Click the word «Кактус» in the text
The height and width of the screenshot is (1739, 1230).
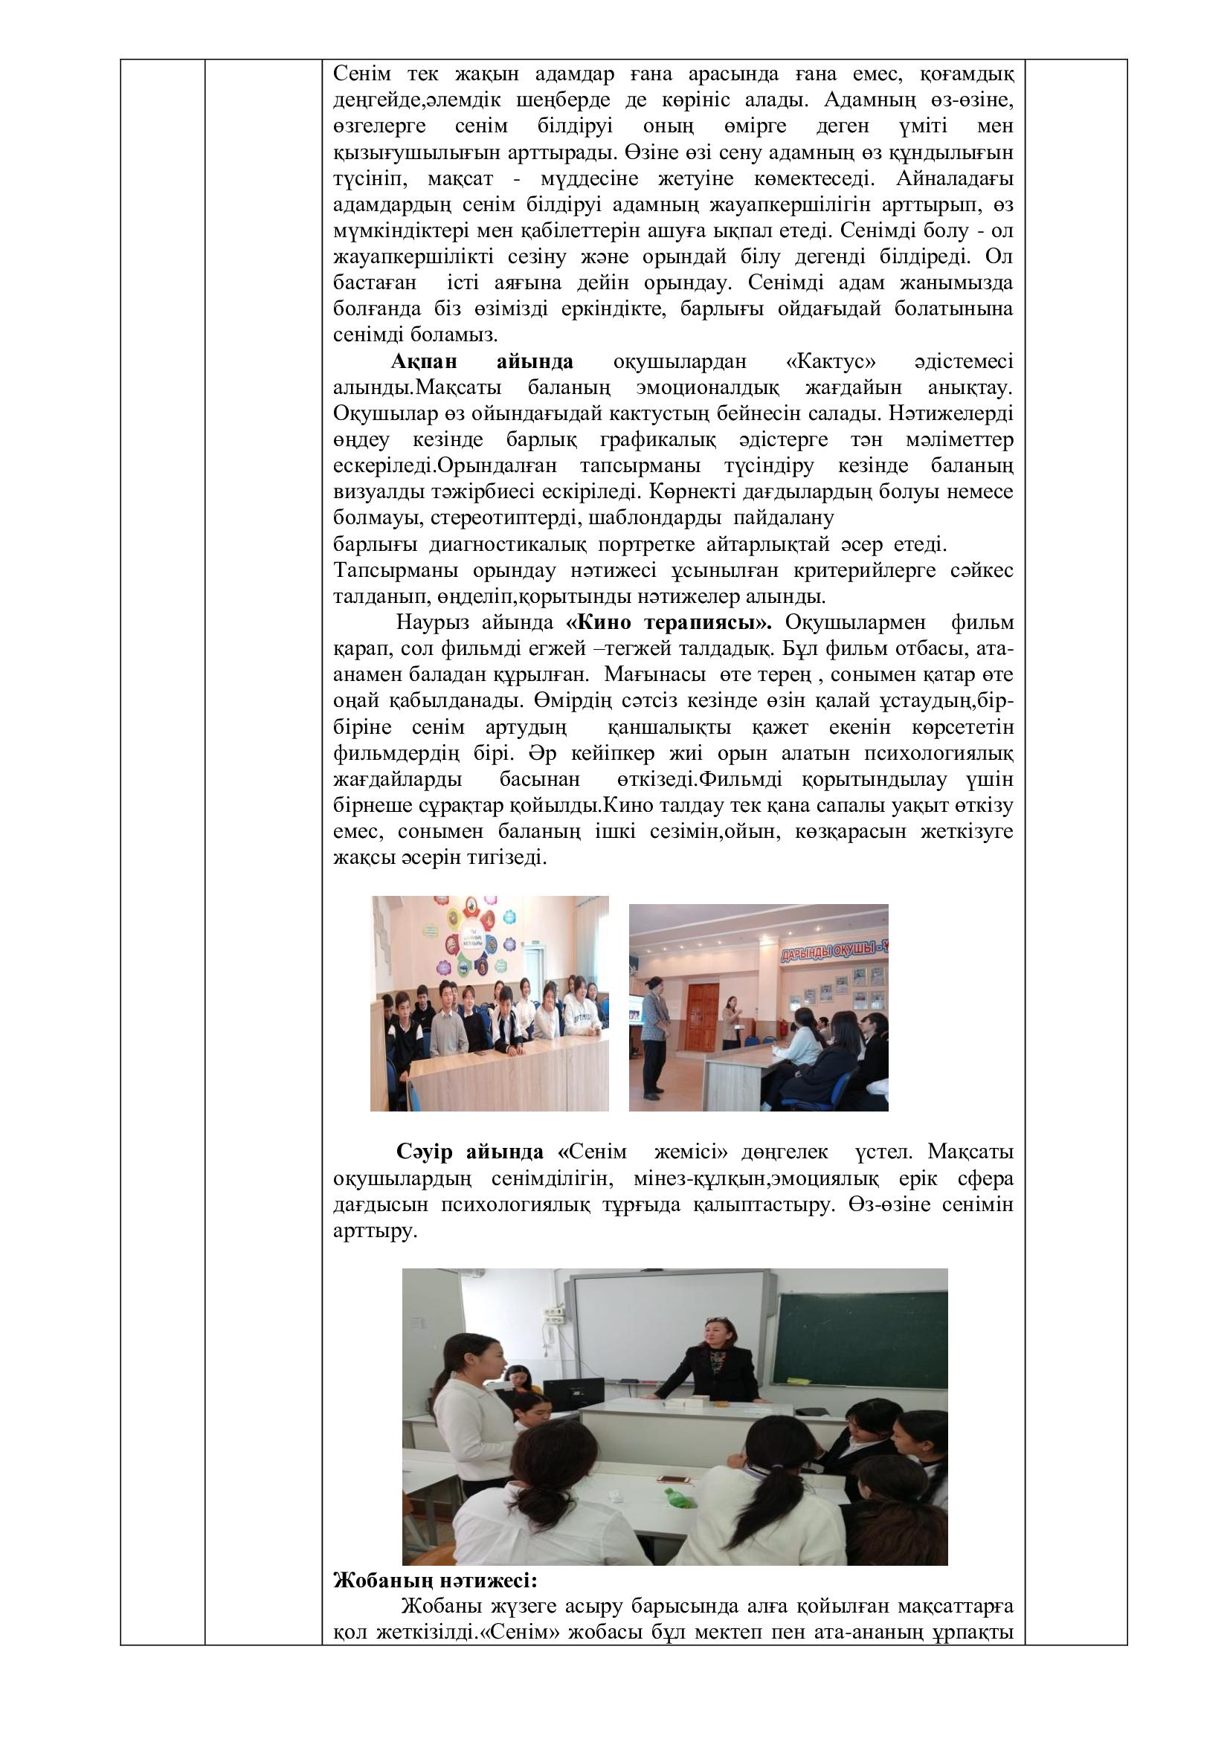click(x=825, y=362)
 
